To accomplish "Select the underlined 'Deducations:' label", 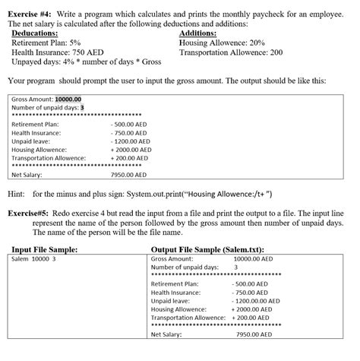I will point(39,33).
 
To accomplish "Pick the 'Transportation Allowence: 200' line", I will point(231,52).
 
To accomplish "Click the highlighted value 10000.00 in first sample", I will point(68,99).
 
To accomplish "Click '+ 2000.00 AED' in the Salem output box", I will point(251,309).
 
